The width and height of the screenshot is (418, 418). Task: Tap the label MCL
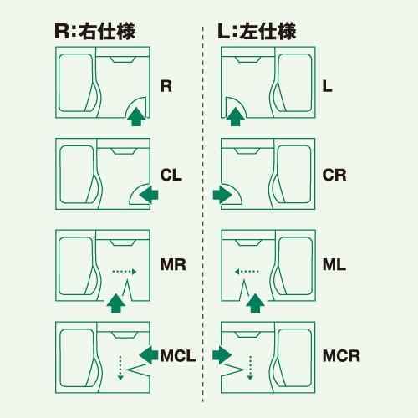tap(178, 356)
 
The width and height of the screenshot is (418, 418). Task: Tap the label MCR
tap(341, 356)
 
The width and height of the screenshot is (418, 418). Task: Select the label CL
tap(171, 176)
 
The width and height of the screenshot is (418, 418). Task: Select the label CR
tap(334, 176)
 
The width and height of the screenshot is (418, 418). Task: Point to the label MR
tap(172, 267)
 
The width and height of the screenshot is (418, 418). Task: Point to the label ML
tap(334, 267)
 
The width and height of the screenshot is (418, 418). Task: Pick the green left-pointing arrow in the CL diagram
tap(149, 195)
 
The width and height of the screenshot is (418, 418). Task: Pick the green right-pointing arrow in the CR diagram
tap(223, 195)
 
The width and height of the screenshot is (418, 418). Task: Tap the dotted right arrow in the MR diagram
tap(123, 271)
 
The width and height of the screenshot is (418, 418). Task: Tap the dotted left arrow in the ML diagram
tap(247, 271)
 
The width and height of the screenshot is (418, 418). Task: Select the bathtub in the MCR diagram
tap(295, 355)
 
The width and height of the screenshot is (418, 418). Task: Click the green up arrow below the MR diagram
tap(115, 302)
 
